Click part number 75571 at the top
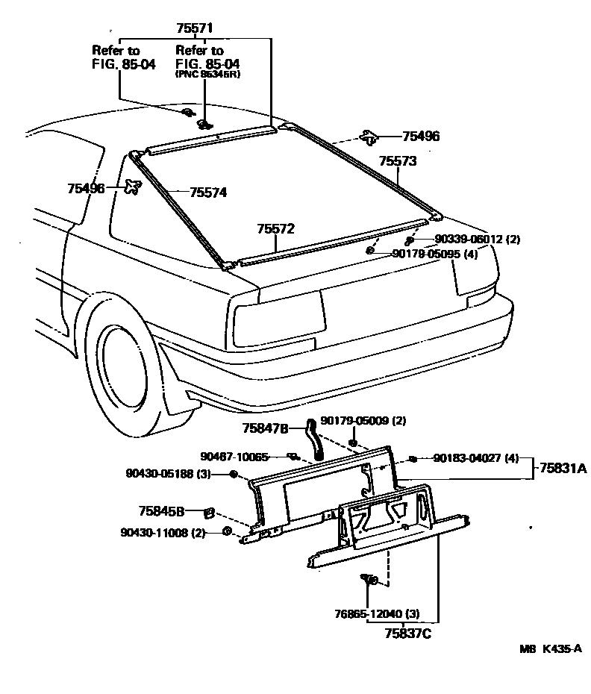(x=195, y=28)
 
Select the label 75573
(x=397, y=160)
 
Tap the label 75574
(x=207, y=193)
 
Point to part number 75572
(x=276, y=228)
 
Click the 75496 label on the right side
(x=421, y=137)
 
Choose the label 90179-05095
(x=435, y=254)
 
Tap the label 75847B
(x=265, y=428)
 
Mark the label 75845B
(x=160, y=511)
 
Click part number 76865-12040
(x=377, y=614)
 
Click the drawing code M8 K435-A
(x=550, y=649)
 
